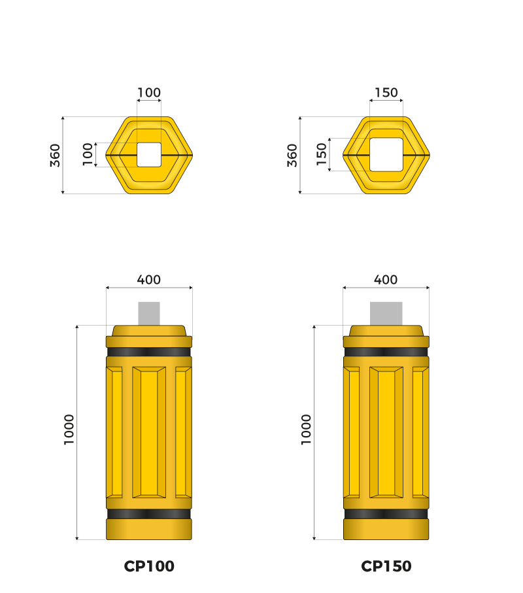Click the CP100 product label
(149, 566)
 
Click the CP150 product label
(386, 566)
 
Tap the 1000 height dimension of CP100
(69, 430)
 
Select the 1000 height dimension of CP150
(306, 430)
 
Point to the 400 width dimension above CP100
(148, 280)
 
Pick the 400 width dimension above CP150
(386, 280)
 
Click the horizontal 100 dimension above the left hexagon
(149, 93)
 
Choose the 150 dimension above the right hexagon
(386, 93)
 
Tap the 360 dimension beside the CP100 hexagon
(55, 155)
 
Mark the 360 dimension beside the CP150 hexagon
(292, 155)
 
